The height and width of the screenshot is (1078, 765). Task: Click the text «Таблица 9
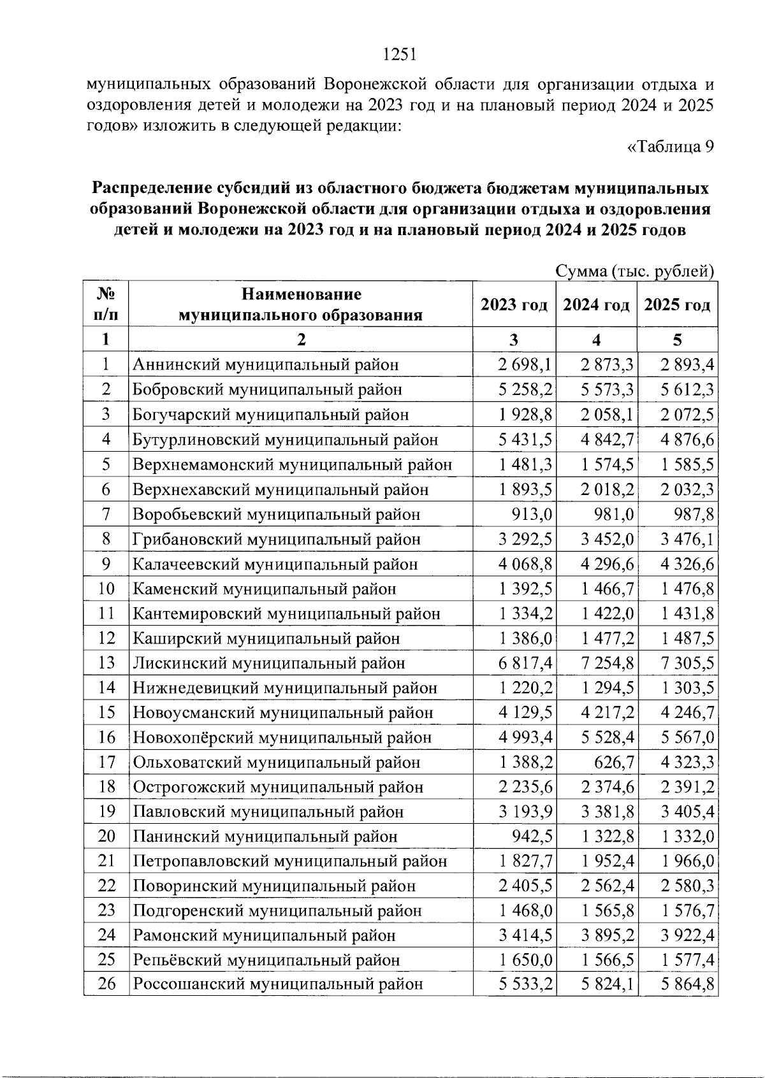(670, 147)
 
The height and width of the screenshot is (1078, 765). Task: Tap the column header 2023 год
(514, 305)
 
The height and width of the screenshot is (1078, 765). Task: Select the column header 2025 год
(677, 305)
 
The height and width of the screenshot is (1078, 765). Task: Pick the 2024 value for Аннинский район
(607, 365)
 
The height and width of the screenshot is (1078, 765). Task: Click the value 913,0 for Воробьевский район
(534, 514)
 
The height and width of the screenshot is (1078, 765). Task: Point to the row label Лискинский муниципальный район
(268, 663)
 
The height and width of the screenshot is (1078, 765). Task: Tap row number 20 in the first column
(106, 837)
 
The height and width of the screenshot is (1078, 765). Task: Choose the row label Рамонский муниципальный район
(264, 936)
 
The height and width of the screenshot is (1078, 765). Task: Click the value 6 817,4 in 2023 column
(525, 663)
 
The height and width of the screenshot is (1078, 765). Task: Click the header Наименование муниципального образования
(300, 305)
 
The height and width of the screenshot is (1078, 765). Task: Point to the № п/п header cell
(106, 305)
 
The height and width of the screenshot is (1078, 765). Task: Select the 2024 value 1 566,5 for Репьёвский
(607, 960)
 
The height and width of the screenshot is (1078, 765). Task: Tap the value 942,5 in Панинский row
(534, 837)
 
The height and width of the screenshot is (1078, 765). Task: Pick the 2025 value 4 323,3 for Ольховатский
(687, 763)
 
